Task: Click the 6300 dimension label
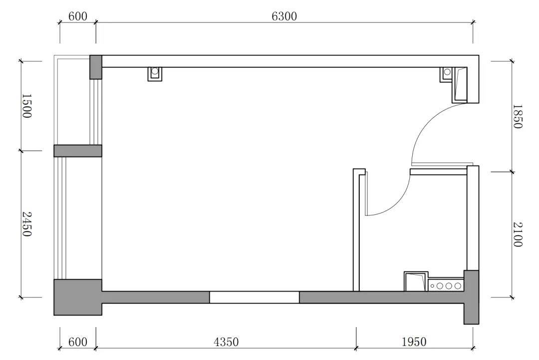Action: click(284, 16)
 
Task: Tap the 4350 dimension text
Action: click(226, 342)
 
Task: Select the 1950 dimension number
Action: click(414, 342)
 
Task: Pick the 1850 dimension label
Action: click(518, 117)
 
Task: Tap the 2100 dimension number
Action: click(518, 235)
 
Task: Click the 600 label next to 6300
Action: click(78, 16)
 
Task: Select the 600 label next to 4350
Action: click(78, 342)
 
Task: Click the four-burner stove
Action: click(446, 285)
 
